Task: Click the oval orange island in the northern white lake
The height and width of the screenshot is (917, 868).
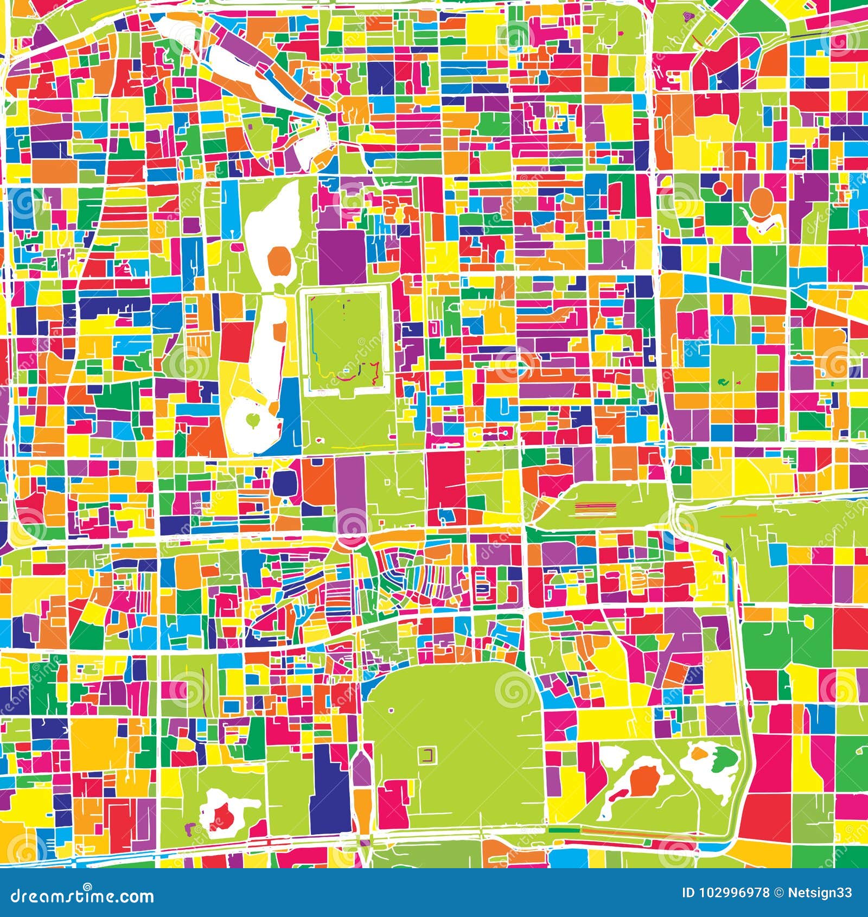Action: coord(280,260)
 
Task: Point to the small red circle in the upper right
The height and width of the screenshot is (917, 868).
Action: coord(720,188)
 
